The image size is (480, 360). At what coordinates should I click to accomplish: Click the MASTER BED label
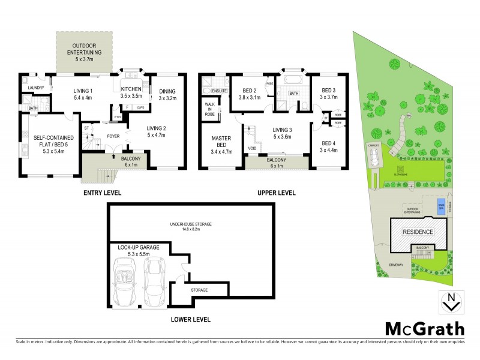[x=221, y=141]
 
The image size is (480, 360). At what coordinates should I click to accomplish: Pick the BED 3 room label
[x=329, y=92]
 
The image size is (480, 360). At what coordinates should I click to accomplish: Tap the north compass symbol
[x=451, y=302]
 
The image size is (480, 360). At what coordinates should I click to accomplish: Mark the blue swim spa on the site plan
[x=441, y=203]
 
